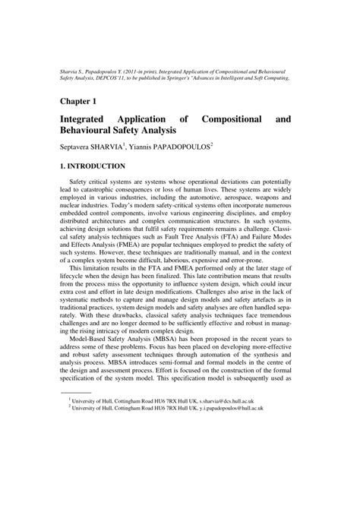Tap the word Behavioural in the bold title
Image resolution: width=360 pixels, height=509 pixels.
pyautogui.click(x=93, y=132)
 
